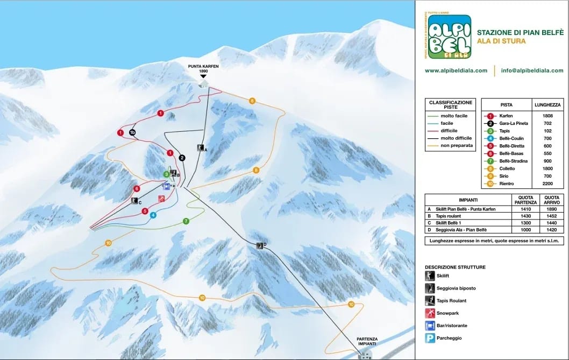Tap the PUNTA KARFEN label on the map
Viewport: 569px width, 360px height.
[203, 68]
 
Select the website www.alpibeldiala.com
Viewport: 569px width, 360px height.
[456, 70]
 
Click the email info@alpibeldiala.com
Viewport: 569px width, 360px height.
[532, 70]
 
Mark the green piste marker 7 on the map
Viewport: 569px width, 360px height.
[186, 221]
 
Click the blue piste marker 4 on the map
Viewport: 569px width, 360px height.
[153, 215]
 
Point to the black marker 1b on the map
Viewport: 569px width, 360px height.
[132, 132]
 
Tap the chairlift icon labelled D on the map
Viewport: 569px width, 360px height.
[260, 246]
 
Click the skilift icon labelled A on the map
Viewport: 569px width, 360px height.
[200, 148]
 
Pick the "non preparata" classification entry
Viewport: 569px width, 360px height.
[457, 146]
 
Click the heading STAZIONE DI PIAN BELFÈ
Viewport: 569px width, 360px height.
[520, 32]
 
